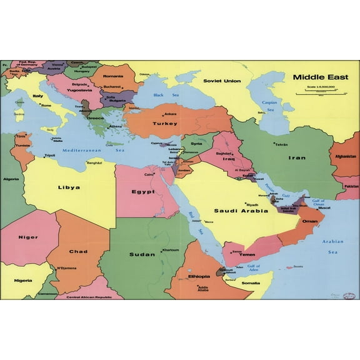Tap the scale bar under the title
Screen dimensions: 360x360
pos(316,92)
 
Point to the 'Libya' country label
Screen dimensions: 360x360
pos(69,187)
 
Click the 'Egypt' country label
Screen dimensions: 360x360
pos(143,192)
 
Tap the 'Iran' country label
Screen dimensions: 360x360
pos(297,157)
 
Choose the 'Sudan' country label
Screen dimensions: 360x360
pos(142,254)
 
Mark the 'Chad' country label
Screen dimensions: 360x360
pos(78,251)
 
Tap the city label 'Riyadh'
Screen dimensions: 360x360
pos(252,204)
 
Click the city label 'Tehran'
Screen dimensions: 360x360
pos(281,144)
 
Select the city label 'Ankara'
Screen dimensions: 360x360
pos(170,114)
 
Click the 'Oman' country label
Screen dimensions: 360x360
pos(310,221)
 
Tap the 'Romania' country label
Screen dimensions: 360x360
pos(113,76)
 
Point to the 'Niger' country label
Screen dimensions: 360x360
pos(27,237)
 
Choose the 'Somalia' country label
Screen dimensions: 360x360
pos(251,283)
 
